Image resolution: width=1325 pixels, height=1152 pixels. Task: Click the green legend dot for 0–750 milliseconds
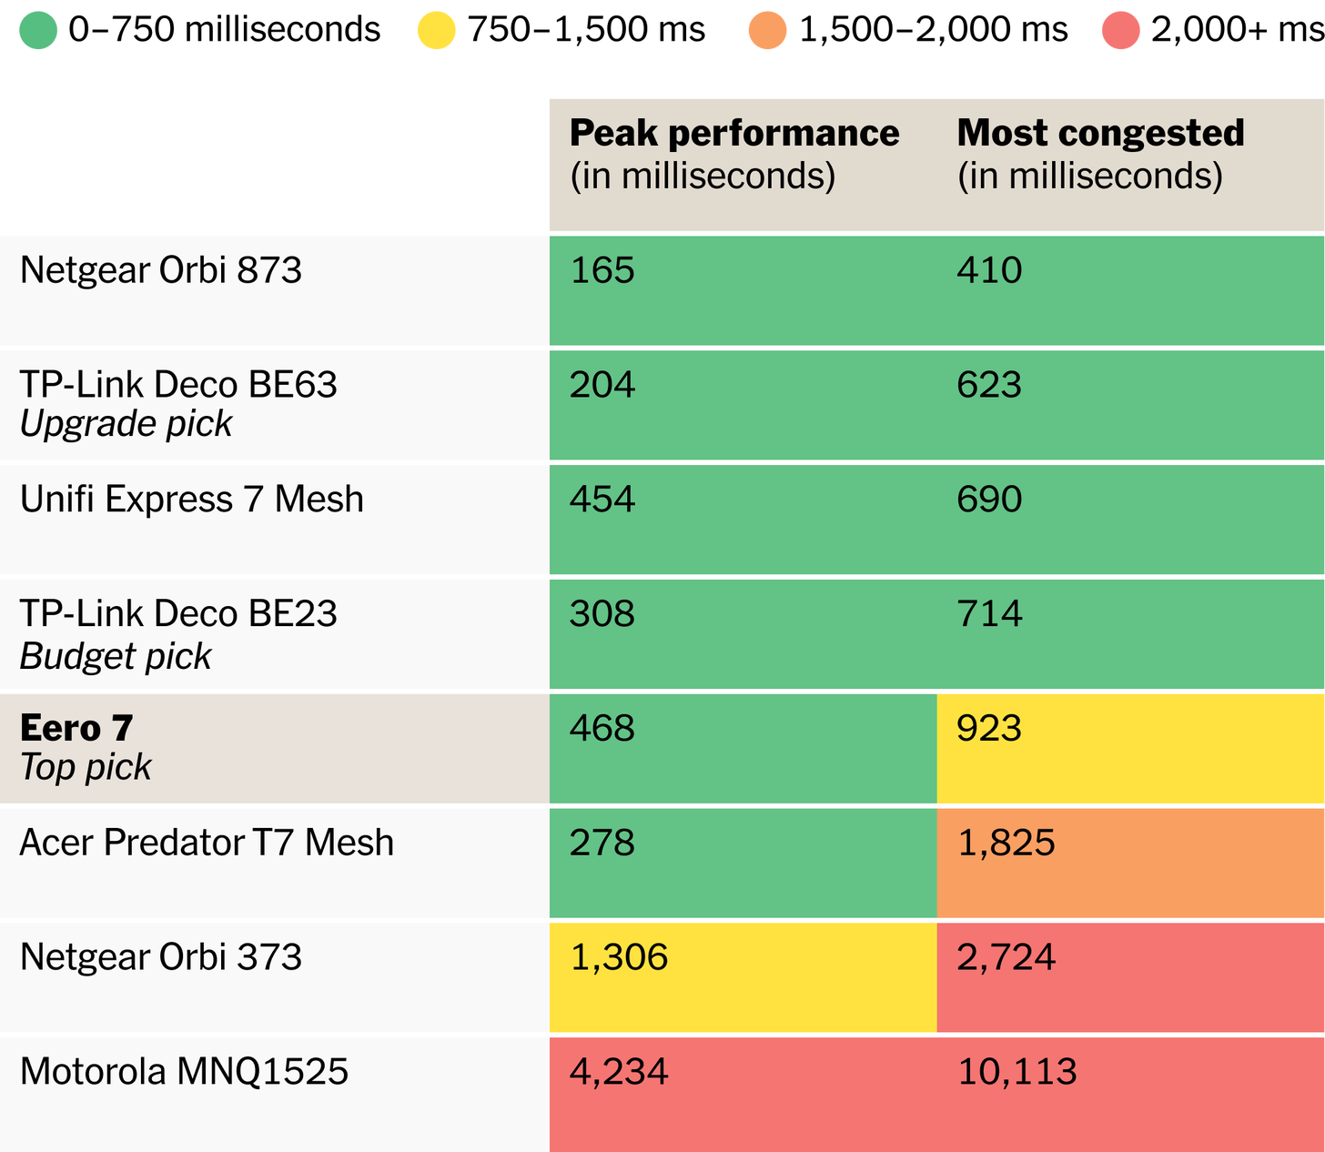[x=38, y=30]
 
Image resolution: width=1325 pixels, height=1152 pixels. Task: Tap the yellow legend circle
[x=437, y=30]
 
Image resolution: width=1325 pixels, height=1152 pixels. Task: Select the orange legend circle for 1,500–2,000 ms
[x=767, y=30]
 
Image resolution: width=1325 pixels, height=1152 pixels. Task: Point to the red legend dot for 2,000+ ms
[x=1120, y=30]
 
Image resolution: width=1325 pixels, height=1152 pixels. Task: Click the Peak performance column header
[x=734, y=154]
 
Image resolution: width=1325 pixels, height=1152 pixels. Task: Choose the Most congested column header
[x=1100, y=154]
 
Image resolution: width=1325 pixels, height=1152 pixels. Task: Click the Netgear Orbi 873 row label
[x=160, y=270]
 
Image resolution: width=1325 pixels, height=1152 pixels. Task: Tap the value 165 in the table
[x=602, y=270]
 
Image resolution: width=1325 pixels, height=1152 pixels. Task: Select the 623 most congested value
[x=989, y=385]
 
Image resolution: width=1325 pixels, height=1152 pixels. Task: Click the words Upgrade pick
[x=126, y=424]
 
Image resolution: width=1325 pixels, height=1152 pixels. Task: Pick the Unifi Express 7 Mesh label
[x=192, y=500]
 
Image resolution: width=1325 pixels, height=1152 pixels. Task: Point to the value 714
[x=989, y=614]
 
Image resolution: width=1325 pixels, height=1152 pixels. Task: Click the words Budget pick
[x=116, y=657]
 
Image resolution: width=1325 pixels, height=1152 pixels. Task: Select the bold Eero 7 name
[x=76, y=728]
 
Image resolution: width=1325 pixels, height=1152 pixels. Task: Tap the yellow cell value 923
[x=989, y=729]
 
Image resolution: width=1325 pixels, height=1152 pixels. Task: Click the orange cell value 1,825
[x=1006, y=844]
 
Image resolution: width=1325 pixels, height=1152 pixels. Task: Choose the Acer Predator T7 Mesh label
[x=207, y=843]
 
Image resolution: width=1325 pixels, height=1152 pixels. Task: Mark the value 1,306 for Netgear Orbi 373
[x=619, y=958]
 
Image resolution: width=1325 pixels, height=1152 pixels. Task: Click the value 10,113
[x=1017, y=1073]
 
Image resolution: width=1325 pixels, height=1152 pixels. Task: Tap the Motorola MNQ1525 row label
[x=184, y=1072]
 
